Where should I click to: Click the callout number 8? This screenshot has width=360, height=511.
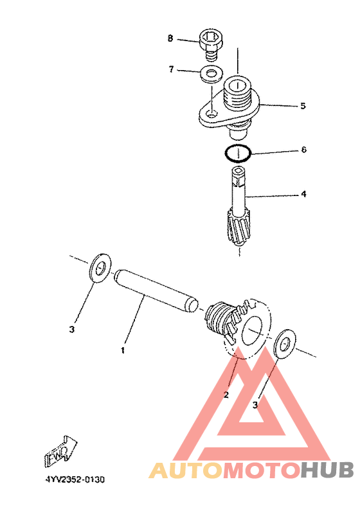tap(170, 39)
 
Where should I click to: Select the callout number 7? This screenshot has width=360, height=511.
tap(172, 69)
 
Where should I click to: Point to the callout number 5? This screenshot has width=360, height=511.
tap(303, 106)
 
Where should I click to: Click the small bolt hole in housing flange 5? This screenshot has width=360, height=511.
tap(212, 114)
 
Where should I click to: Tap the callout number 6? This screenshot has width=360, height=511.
tap(303, 150)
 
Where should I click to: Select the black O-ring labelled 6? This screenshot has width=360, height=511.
tap(238, 153)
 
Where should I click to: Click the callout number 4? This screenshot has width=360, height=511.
tap(303, 194)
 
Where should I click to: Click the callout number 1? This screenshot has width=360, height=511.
tap(123, 351)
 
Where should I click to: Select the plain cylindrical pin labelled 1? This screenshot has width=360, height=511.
tap(156, 291)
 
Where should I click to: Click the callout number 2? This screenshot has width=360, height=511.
tap(226, 395)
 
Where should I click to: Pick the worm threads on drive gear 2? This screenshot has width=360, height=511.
tap(219, 318)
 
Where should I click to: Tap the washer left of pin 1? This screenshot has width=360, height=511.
tap(100, 268)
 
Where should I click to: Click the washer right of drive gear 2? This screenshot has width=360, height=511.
tap(285, 344)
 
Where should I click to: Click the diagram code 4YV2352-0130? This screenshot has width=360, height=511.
tap(75, 480)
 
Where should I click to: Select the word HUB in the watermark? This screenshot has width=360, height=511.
tap(327, 471)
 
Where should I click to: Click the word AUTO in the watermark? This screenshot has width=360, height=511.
tap(186, 471)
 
